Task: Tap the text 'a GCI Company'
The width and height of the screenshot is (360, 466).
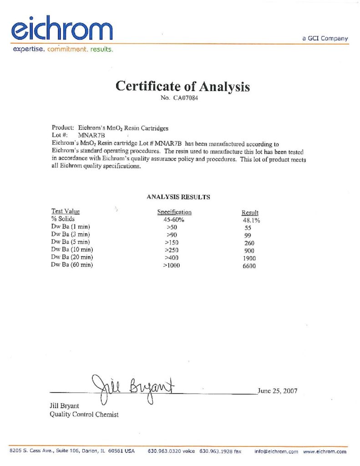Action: click(x=325, y=39)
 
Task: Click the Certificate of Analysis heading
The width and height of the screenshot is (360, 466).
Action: click(x=183, y=86)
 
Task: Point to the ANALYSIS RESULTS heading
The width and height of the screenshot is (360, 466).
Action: click(x=178, y=197)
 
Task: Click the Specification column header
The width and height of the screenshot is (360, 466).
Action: click(x=174, y=212)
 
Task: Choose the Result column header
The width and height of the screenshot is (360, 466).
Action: click(x=250, y=213)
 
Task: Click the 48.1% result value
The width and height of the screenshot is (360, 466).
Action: click(x=251, y=220)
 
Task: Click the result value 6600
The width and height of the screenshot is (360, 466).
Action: click(x=249, y=266)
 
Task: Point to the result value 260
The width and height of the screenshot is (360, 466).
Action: click(x=249, y=243)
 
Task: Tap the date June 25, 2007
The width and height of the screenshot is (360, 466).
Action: click(x=277, y=390)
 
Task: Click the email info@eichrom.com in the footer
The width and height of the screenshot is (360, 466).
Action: click(x=276, y=451)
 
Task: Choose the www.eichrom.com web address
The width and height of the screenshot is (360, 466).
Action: click(x=325, y=451)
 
